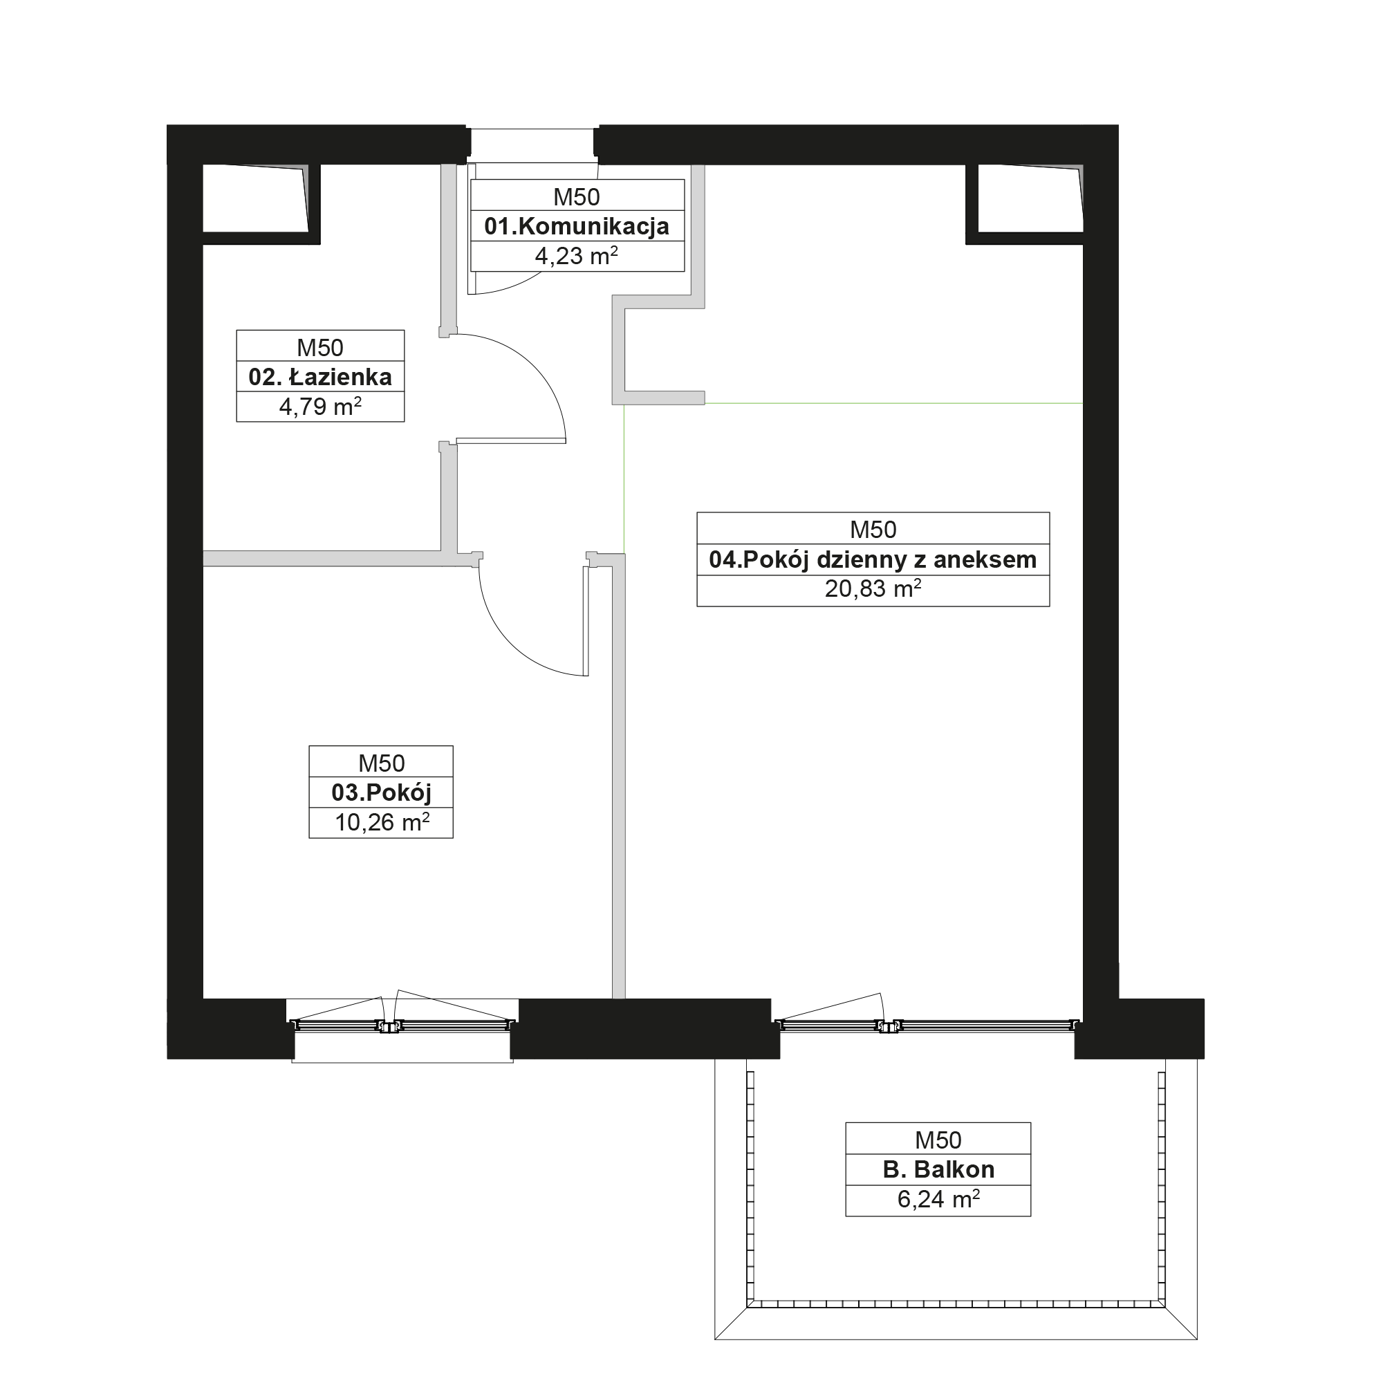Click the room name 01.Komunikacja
pyautogui.click(x=577, y=226)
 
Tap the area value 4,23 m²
pyautogui.click(x=577, y=256)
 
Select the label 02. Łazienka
pyautogui.click(x=320, y=378)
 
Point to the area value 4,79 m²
pyautogui.click(x=320, y=407)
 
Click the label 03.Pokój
pyautogui.click(x=382, y=793)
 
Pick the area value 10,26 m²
pyautogui.click(x=382, y=822)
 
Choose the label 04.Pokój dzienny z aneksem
pyautogui.click(x=873, y=560)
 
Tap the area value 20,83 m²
pyautogui.click(x=873, y=589)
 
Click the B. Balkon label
pyautogui.click(x=938, y=1170)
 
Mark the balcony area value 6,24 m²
pyautogui.click(x=938, y=1199)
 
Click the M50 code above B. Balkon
pyautogui.click(x=938, y=1140)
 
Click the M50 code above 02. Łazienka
pyautogui.click(x=320, y=348)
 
